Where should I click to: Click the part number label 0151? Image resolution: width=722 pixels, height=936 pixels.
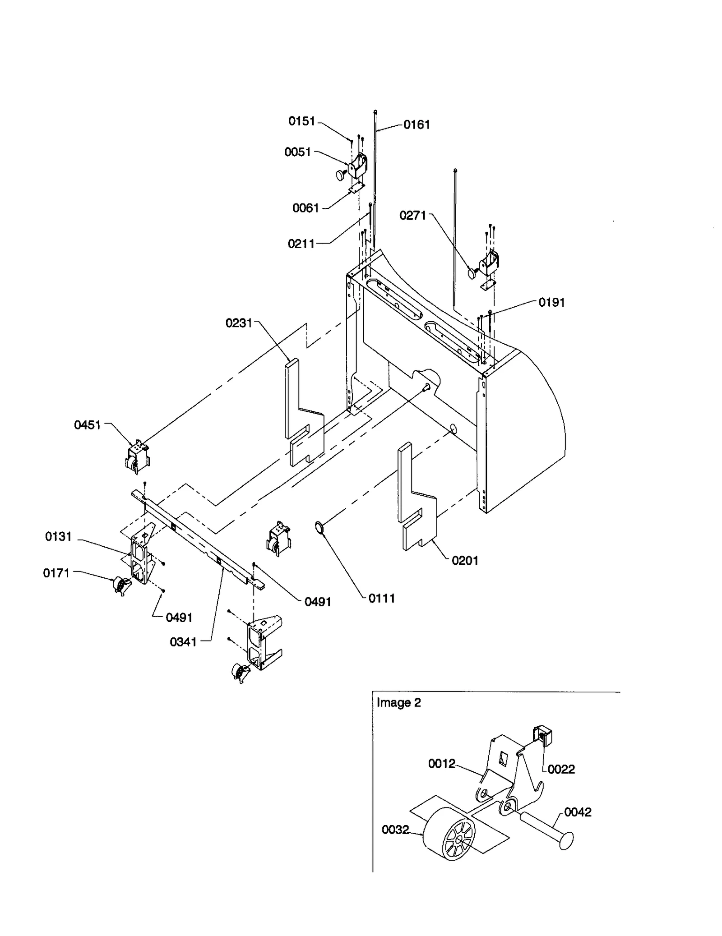click(301, 121)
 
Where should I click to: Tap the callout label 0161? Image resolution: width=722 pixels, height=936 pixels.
click(417, 125)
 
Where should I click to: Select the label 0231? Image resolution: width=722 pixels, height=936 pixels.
click(239, 323)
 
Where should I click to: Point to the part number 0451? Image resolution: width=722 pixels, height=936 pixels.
click(88, 425)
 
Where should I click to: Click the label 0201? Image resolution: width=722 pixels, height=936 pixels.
click(465, 561)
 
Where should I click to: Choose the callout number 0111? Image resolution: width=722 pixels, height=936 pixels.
click(382, 599)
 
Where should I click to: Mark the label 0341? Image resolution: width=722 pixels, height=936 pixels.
click(183, 642)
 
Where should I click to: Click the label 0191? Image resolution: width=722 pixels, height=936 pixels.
click(551, 302)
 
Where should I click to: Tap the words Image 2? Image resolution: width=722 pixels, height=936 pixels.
click(398, 703)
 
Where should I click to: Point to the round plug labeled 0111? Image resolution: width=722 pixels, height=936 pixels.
click(319, 527)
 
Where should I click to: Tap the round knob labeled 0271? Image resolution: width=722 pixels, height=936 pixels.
click(472, 273)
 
